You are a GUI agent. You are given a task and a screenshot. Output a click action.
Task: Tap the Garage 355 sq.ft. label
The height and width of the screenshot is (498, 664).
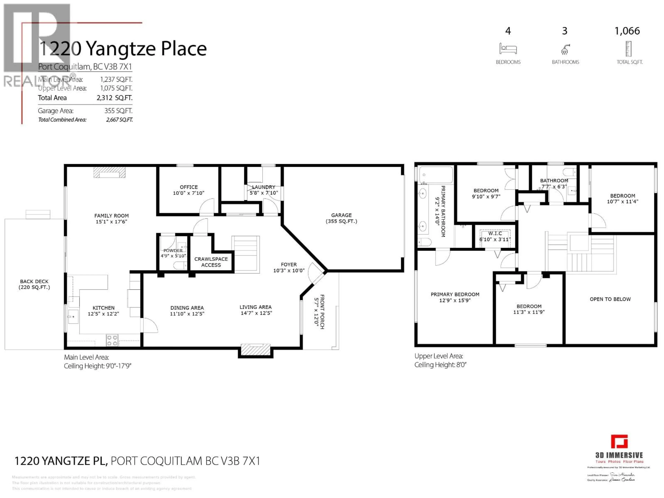pos(341,218)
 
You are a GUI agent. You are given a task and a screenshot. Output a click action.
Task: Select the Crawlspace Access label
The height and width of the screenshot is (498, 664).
pos(211,262)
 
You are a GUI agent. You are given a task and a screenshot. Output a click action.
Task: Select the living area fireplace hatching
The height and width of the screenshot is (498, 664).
pos(255,350)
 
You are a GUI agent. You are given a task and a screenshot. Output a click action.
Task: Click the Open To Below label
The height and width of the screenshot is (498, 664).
pos(610,299)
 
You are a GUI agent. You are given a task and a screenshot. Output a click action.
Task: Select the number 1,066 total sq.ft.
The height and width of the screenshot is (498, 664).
pos(627,31)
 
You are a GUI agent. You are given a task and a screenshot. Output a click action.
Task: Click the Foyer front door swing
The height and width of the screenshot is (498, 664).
pos(315,272)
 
